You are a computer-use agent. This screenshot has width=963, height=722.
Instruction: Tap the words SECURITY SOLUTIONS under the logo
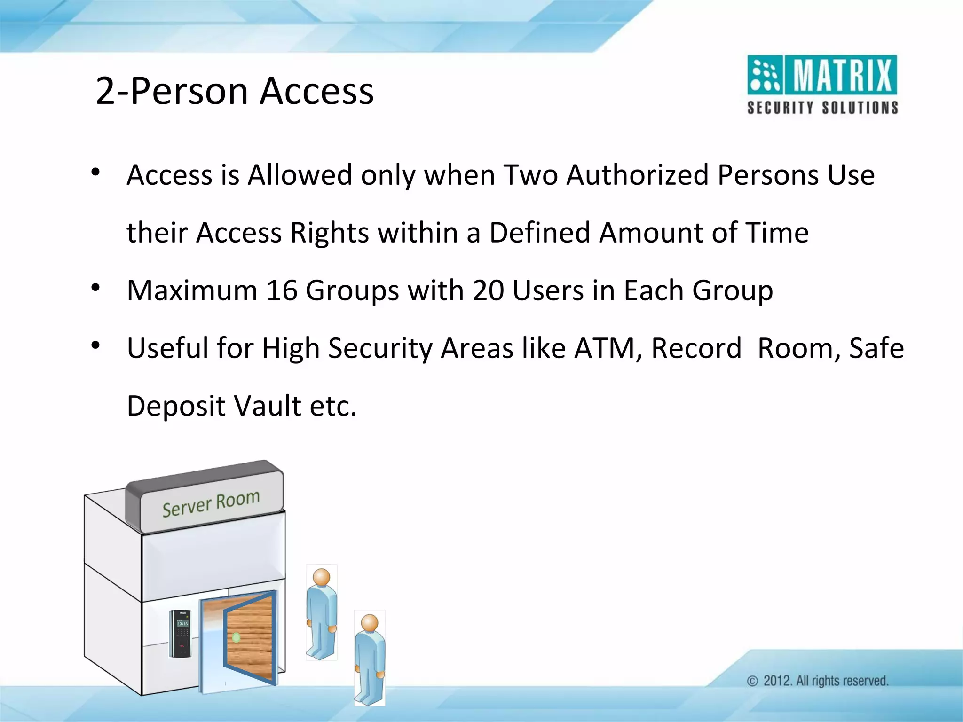[822, 108]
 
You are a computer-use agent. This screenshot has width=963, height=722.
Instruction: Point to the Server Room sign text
[211, 503]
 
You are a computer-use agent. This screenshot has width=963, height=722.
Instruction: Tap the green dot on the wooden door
[236, 638]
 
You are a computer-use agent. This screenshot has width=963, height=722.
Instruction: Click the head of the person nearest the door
[322, 577]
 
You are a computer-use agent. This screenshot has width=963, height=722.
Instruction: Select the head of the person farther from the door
[370, 623]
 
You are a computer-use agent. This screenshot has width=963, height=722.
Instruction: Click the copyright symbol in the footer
[753, 681]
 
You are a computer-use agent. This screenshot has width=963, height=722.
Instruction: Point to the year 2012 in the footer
[777, 681]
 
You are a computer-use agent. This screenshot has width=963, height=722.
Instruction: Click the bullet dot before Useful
[96, 346]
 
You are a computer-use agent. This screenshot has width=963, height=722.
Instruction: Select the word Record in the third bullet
[696, 348]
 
